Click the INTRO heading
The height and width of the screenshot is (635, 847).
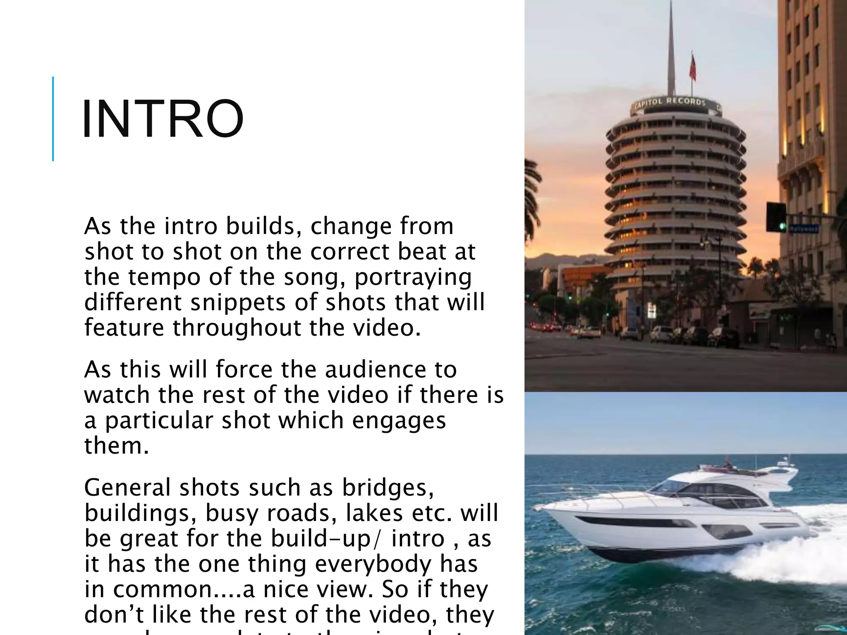click(163, 119)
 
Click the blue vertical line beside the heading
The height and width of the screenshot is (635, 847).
click(53, 119)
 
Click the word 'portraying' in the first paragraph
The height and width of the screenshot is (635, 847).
click(413, 277)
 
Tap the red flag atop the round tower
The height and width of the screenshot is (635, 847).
click(692, 68)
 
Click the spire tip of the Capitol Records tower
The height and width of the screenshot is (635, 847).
click(670, 8)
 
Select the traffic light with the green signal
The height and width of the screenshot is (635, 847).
click(776, 217)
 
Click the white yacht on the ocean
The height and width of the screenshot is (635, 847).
click(670, 521)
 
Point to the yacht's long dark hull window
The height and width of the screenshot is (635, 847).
click(633, 521)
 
